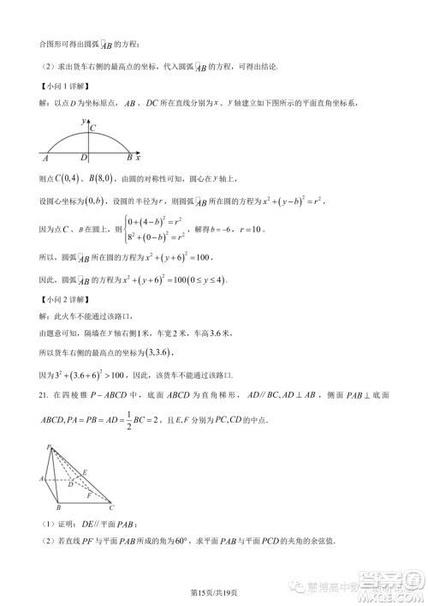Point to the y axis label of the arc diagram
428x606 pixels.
[83, 122]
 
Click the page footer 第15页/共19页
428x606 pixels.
[213, 591]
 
